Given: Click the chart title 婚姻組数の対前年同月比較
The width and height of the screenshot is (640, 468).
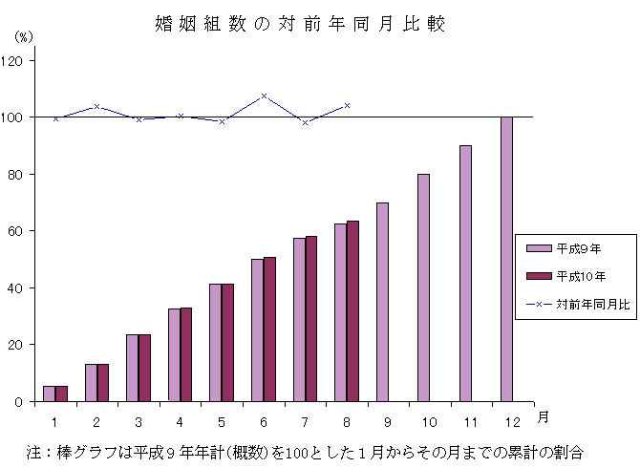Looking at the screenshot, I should tap(300, 24).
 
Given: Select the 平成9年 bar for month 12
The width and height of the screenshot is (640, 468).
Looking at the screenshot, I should tap(506, 259).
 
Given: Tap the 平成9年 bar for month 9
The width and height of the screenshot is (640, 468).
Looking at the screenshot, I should tap(382, 302).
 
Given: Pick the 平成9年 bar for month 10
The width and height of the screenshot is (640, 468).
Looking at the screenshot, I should tap(423, 287).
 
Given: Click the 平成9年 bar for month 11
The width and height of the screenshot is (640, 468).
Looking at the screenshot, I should tap(465, 273).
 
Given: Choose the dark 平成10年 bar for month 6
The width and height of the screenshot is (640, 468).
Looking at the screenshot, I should tap(269, 330).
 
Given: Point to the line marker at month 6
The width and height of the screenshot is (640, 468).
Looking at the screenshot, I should tap(264, 96).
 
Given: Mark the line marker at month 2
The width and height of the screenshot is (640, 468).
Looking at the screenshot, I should tap(97, 106).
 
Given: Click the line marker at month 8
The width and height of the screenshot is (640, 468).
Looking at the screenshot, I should tap(347, 105).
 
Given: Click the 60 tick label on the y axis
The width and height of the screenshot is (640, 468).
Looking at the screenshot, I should tap(19, 231).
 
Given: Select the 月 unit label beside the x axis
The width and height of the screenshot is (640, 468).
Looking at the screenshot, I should tap(543, 415).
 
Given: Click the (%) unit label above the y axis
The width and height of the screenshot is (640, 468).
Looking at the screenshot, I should tap(24, 36).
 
